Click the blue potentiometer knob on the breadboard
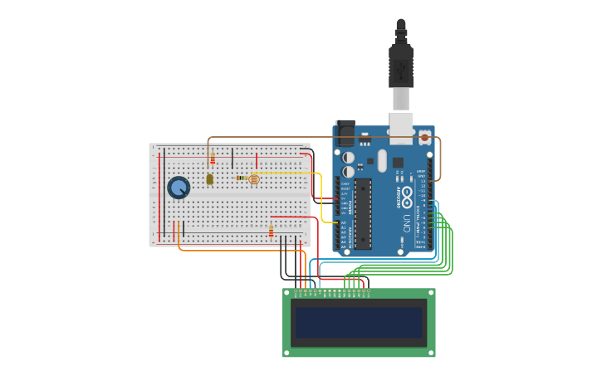pos(179,188)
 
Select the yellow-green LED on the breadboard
pos(209,178)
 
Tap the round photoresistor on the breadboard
pos(254,178)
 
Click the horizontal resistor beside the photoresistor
pos(241,178)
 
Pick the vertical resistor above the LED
pos(213,159)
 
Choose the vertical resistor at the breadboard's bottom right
pos(271,231)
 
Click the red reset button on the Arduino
pos(424,138)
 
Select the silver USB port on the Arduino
pos(401,125)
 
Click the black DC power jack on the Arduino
pos(345,134)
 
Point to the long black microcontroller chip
pos(363,213)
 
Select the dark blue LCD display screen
pos(359,323)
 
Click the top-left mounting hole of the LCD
pos(287,293)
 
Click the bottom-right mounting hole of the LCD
pos(431,352)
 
